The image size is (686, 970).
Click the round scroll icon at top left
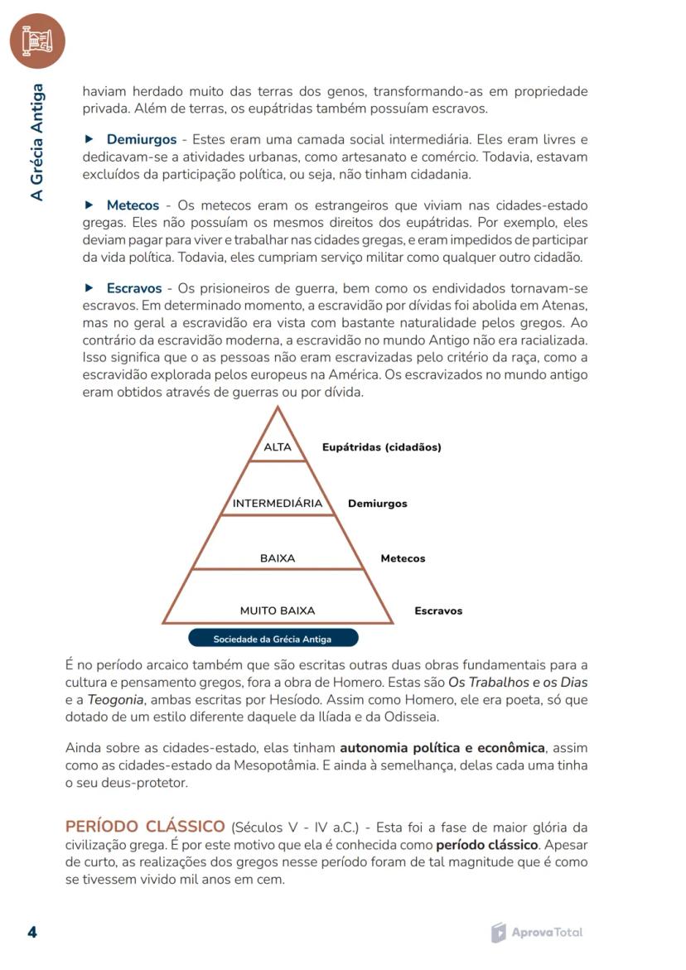click(x=37, y=40)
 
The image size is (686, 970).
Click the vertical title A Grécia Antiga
click(x=37, y=142)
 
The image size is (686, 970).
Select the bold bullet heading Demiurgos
click(x=141, y=139)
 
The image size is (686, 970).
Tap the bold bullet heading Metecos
click(x=133, y=205)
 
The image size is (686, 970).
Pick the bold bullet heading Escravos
click(x=133, y=288)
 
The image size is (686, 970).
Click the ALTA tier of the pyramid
click(x=278, y=447)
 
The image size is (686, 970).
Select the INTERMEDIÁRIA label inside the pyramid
click(x=278, y=504)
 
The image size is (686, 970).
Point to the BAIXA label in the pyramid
click(x=278, y=558)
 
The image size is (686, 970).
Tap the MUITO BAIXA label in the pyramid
click(x=278, y=610)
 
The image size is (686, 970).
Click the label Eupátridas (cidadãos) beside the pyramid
click(x=381, y=447)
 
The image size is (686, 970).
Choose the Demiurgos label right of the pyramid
click(x=377, y=504)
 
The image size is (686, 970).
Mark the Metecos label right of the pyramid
click(x=403, y=558)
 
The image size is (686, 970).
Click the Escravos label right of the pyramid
click(x=438, y=610)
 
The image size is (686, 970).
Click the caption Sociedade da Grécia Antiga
click(x=273, y=639)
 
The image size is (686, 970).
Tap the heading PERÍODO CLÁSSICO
click(x=145, y=827)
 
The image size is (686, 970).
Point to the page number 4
click(x=32, y=933)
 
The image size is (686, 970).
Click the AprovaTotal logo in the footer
click(x=537, y=933)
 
